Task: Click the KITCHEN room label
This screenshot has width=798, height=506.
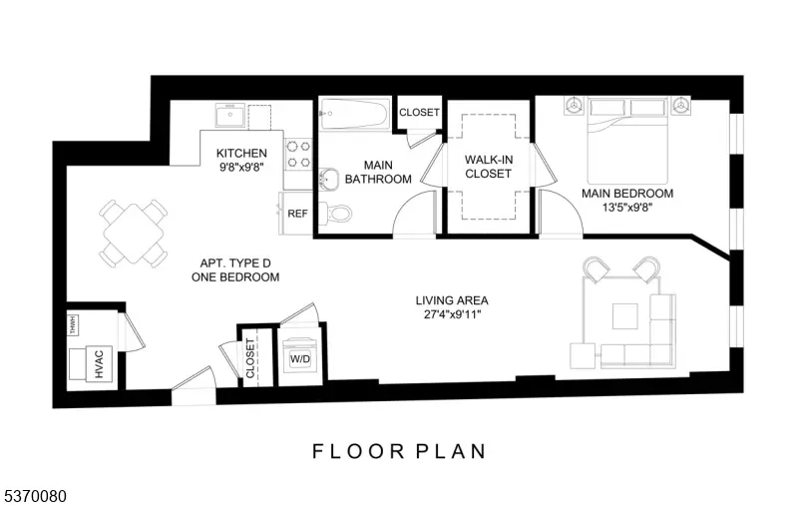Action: click(x=241, y=153)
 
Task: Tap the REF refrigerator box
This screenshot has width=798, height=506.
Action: click(x=297, y=214)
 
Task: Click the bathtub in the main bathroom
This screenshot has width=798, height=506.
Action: click(x=355, y=115)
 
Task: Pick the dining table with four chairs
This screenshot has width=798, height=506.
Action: click(x=133, y=232)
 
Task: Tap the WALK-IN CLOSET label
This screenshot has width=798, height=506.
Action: click(x=488, y=166)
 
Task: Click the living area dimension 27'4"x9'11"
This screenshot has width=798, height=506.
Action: click(x=452, y=316)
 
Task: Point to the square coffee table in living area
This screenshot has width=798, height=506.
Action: click(x=624, y=316)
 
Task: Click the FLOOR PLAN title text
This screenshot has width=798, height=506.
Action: click(x=399, y=451)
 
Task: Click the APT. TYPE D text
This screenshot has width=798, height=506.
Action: click(x=235, y=261)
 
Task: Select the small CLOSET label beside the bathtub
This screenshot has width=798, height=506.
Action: click(x=419, y=113)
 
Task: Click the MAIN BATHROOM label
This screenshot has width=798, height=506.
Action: click(x=378, y=172)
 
